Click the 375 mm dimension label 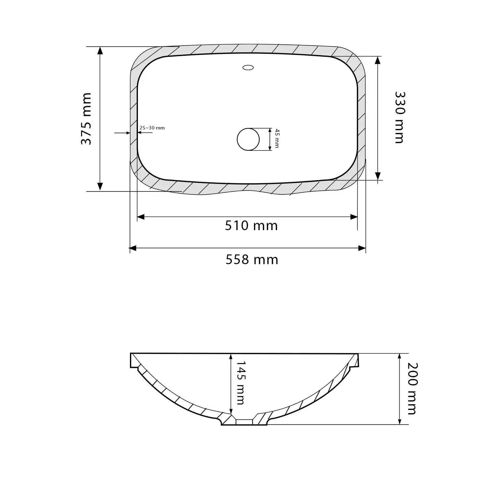tap(86, 119)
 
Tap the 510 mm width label tap(251, 226)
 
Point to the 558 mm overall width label tap(252, 260)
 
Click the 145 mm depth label tap(241, 383)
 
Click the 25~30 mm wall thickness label tap(152, 128)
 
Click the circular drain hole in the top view tap(248, 139)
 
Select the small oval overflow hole tap(248, 68)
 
